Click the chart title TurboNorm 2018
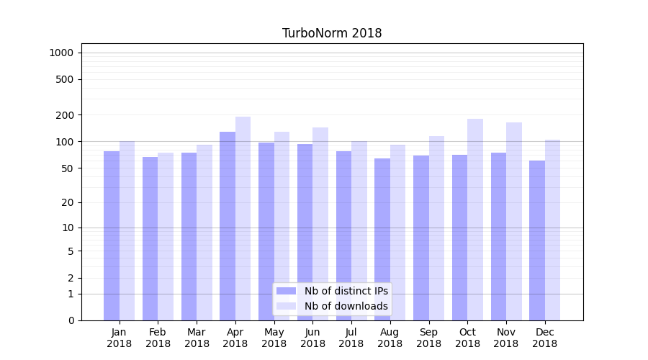(332, 33)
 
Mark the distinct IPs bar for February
(150, 238)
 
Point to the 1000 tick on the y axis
(61, 53)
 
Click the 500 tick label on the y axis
(65, 79)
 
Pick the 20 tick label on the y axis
(68, 202)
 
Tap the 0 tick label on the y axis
(71, 320)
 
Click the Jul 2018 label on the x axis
(351, 338)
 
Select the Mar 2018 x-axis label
(197, 338)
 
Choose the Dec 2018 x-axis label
(545, 338)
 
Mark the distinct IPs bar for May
(266, 231)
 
